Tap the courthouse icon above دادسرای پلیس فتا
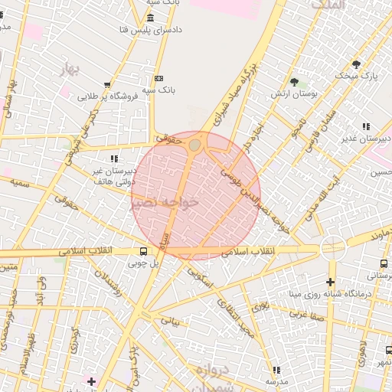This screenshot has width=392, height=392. (149, 18)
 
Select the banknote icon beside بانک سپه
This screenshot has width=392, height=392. (158, 78)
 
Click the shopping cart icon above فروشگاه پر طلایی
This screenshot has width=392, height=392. (108, 85)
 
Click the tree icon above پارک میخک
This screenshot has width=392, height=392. (356, 64)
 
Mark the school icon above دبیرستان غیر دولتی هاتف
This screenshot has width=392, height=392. (114, 158)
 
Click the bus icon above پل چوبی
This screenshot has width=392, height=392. (144, 251)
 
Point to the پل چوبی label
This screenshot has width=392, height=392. (143, 263)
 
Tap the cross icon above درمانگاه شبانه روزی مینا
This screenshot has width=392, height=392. (331, 282)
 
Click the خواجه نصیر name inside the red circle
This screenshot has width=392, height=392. (165, 202)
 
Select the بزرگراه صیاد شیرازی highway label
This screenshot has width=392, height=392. (232, 99)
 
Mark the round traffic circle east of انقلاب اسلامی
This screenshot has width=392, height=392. (333, 247)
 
